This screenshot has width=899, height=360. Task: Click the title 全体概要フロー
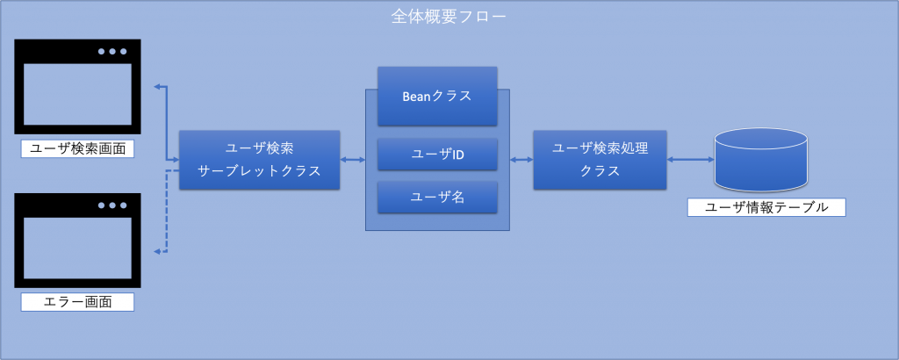coord(449,17)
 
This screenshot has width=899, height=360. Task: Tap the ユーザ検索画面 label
coord(77,148)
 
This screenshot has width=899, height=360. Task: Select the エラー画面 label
coord(77,303)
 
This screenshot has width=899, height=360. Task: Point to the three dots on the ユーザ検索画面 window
coord(111,52)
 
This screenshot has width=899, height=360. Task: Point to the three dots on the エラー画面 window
coord(111,205)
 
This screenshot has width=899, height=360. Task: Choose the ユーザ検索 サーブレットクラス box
coord(259,160)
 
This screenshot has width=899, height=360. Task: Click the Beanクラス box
coord(437,97)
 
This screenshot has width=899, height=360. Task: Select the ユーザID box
coord(437,155)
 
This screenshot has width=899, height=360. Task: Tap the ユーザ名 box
coord(437,198)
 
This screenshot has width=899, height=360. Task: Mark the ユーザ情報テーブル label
coord(766,207)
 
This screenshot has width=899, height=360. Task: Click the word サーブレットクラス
coord(259,172)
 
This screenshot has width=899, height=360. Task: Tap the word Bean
coord(420,97)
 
